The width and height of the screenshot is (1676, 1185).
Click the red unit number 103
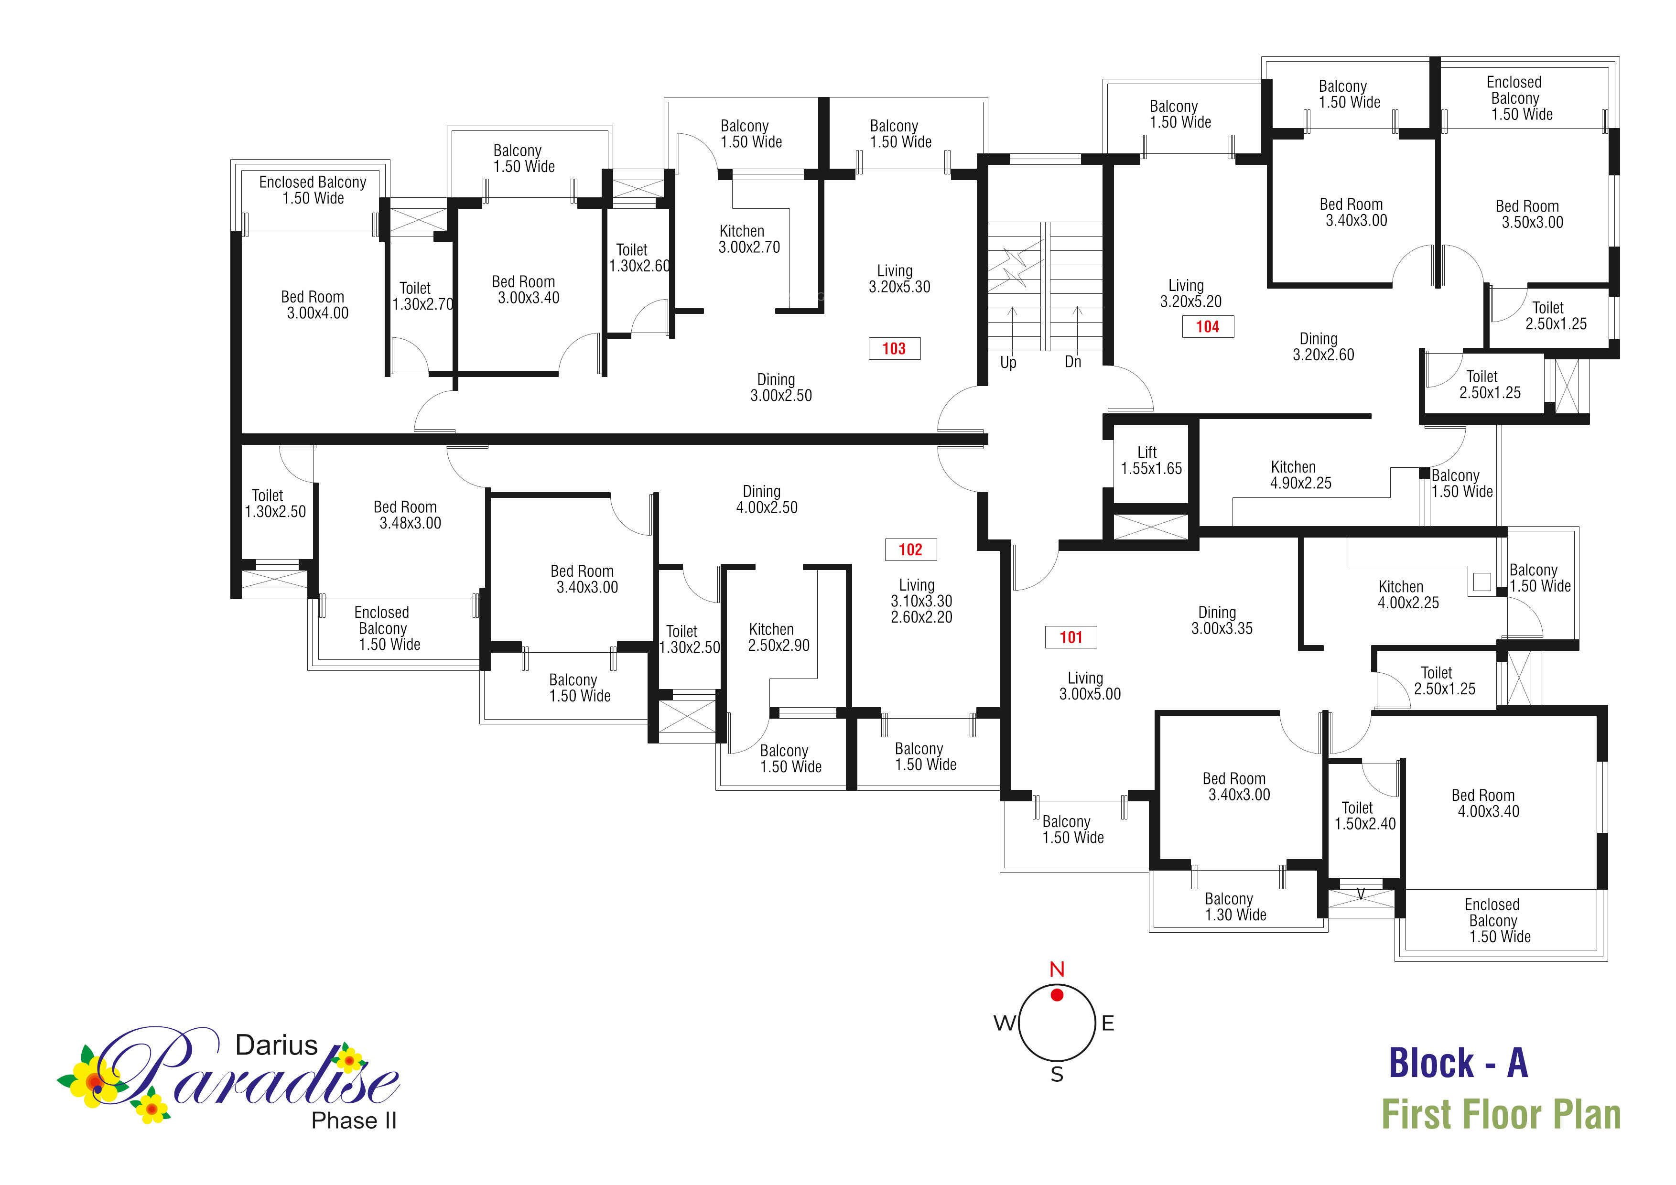pyautogui.click(x=894, y=349)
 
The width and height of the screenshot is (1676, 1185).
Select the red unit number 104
pyautogui.click(x=1207, y=327)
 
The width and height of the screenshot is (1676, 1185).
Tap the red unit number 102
pyautogui.click(x=910, y=549)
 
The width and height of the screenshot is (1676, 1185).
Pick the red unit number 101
pyautogui.click(x=1071, y=637)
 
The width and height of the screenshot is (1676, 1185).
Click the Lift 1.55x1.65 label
pyautogui.click(x=1151, y=461)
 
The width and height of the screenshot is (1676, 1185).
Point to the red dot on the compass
pyautogui.click(x=1057, y=994)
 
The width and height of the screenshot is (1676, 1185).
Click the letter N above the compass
pyautogui.click(x=1057, y=969)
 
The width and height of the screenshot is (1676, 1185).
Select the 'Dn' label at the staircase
pyautogui.click(x=1073, y=362)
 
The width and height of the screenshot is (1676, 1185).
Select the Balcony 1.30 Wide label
pyautogui.click(x=1235, y=907)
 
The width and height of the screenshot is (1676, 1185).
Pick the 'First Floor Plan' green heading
pyautogui.click(x=1501, y=1115)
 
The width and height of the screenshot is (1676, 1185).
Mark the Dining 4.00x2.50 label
pyautogui.click(x=766, y=500)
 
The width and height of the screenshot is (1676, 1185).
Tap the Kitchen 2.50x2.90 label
pyautogui.click(x=778, y=637)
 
